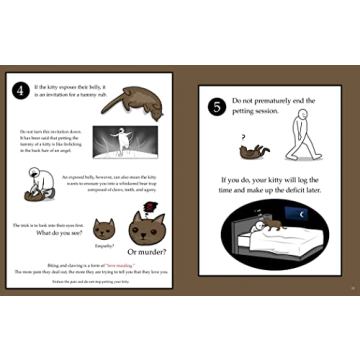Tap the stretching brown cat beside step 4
[x=132, y=100]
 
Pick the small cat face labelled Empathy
[x=104, y=229]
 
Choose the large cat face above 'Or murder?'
[x=146, y=229]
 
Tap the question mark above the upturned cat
[x=244, y=138]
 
